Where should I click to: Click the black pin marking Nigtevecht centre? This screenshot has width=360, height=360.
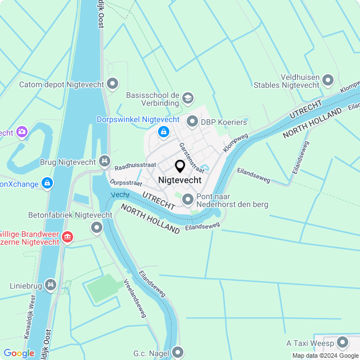click(180, 166)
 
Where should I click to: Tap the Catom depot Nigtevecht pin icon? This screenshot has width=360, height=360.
click(112, 84)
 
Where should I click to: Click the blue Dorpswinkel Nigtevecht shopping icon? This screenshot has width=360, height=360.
click(164, 132)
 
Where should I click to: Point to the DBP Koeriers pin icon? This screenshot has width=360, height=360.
click(192, 121)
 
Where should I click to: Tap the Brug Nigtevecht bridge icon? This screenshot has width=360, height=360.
click(104, 162)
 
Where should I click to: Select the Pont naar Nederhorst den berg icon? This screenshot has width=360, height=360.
click(187, 199)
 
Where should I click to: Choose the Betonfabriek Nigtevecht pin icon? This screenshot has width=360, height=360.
click(97, 228)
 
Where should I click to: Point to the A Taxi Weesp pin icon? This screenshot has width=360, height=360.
click(342, 343)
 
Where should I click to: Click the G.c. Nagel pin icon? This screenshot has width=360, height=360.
click(178, 353)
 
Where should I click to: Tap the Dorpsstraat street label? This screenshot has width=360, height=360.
click(125, 182)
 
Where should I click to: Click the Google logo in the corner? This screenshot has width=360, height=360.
click(19, 353)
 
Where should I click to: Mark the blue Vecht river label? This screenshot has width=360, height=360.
click(120, 194)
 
